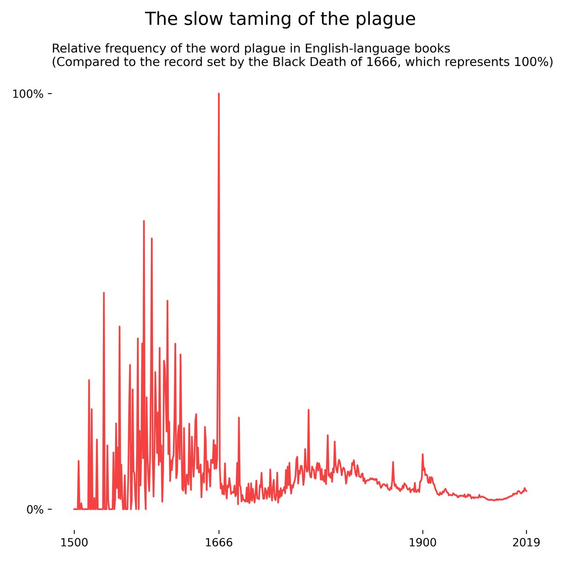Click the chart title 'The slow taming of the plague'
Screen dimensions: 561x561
click(280, 19)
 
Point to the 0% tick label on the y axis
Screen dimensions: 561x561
click(35, 509)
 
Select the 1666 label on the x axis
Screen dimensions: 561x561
click(218, 543)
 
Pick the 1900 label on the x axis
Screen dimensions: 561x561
click(423, 543)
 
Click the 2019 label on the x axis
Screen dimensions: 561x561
click(526, 543)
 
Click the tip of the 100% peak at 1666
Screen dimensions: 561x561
click(218, 93)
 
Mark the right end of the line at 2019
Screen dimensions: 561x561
click(527, 491)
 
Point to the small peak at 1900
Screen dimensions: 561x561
click(423, 454)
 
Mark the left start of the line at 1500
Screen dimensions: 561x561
click(74, 509)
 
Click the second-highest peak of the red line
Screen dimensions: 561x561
click(144, 221)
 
